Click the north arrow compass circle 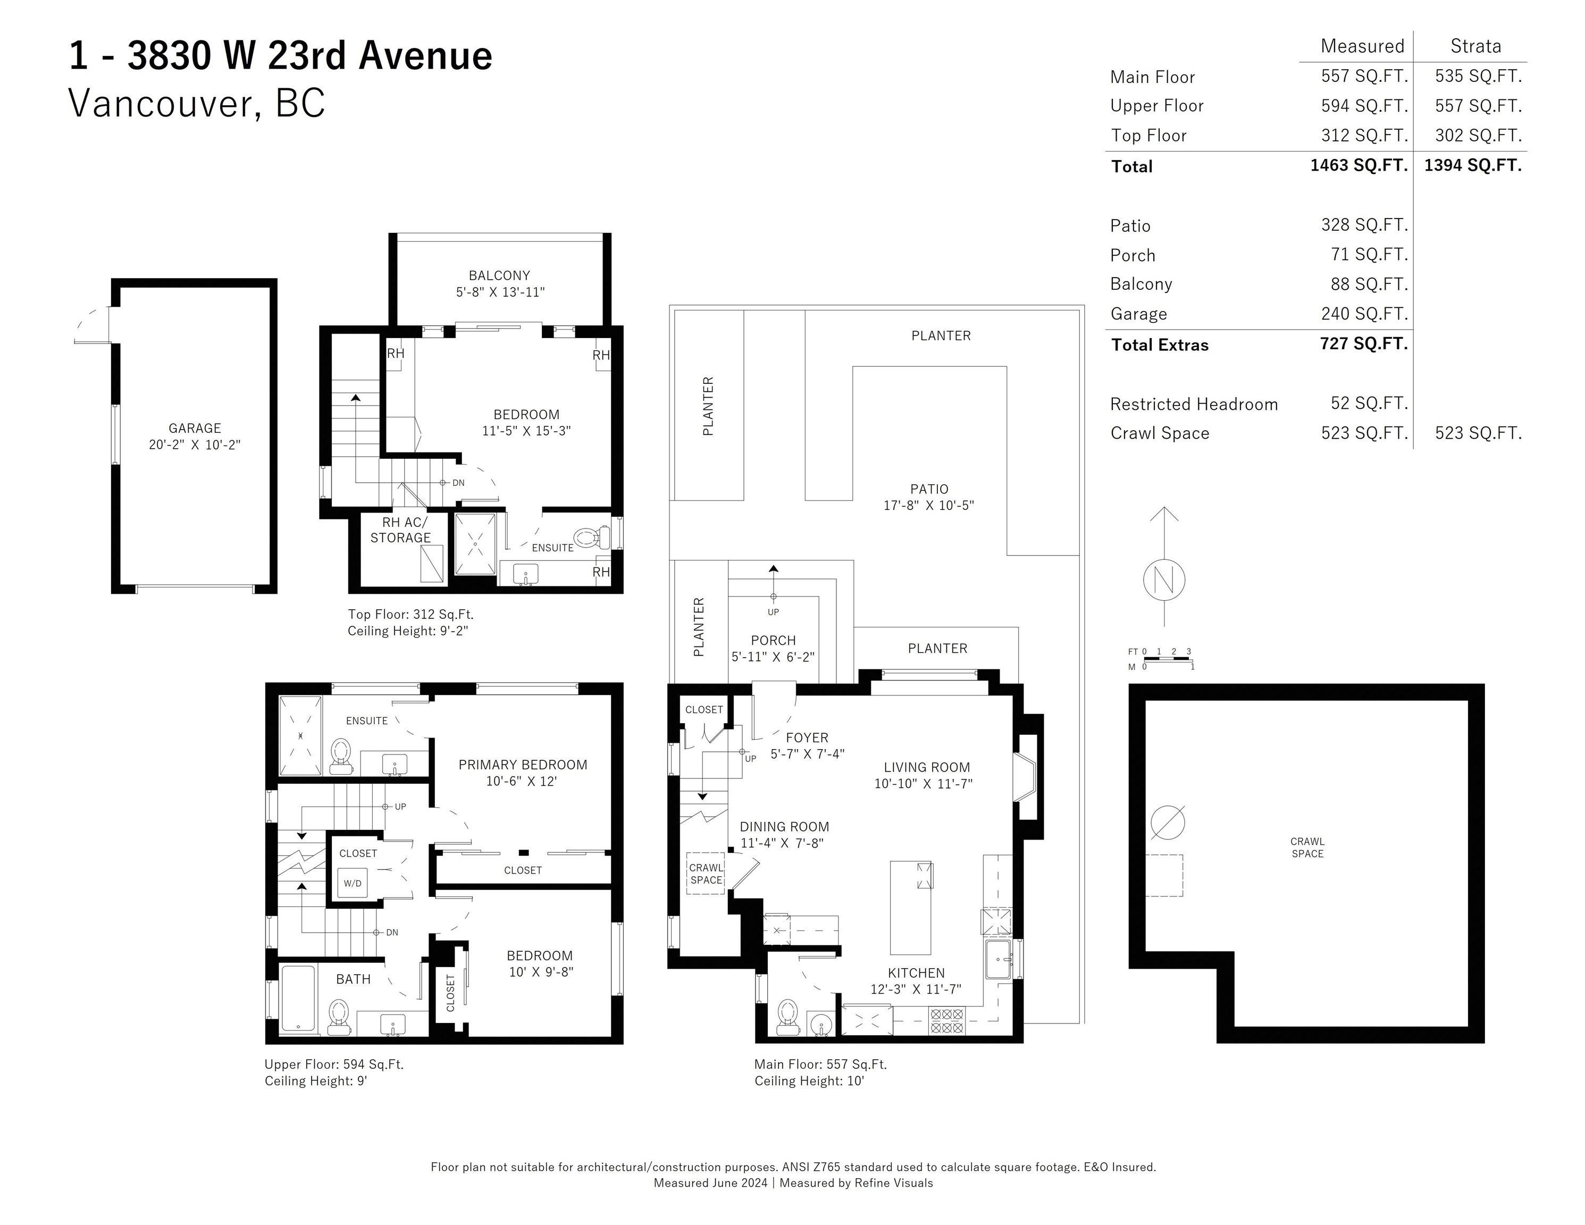point(1164,581)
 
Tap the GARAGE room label point(195,428)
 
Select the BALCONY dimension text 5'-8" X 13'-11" point(500,292)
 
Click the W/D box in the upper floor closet point(353,883)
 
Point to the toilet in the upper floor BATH point(339,1016)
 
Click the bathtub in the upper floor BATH point(298,999)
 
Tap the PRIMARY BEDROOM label point(523,765)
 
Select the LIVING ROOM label point(927,767)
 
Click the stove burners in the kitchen point(947,1020)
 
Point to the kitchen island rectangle point(911,907)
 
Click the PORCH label point(773,641)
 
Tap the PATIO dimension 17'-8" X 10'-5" point(928,505)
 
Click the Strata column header point(1475,46)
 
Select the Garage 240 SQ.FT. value point(1364,314)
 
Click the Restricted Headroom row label point(1194,404)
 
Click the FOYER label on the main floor point(807,737)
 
